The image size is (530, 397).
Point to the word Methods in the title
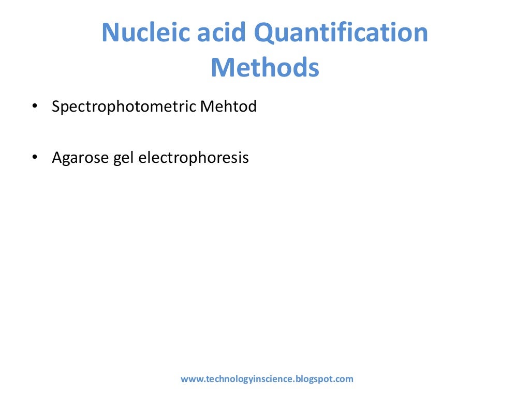[x=264, y=68]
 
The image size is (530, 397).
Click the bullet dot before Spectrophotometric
[x=35, y=107]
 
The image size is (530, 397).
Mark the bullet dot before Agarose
[x=35, y=158]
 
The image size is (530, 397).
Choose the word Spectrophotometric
[x=124, y=108]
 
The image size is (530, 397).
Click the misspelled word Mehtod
[x=228, y=107]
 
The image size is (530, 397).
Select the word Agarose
[x=80, y=158]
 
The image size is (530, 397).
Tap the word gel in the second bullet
[x=124, y=159]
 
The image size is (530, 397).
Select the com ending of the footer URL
[x=345, y=379]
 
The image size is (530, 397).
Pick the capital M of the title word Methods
[x=222, y=68]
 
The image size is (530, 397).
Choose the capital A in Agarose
[x=57, y=158]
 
